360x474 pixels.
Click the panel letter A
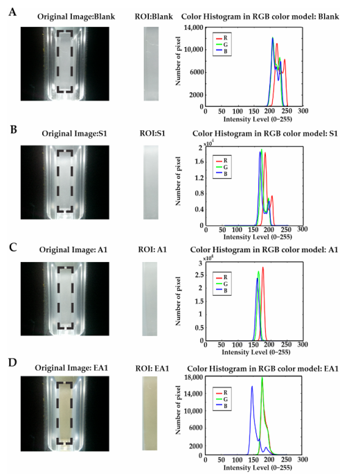12,12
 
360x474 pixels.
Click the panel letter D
12,362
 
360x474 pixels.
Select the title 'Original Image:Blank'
76,17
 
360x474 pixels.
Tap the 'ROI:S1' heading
152,133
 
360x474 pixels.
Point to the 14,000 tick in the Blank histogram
194,28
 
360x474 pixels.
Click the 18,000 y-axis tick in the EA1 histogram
194,377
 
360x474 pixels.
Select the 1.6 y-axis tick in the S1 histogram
198,161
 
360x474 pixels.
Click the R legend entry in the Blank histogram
222,38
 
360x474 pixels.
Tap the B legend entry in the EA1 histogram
222,406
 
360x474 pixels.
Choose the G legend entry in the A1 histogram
222,284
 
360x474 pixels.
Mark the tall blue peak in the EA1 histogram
252,386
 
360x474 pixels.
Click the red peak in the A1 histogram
263,267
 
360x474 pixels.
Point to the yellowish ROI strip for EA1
150,413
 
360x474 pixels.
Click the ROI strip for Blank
151,64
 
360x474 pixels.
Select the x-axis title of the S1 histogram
258,237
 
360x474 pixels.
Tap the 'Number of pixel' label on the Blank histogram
178,61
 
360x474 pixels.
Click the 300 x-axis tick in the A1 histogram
303,344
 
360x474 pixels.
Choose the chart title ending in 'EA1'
263,369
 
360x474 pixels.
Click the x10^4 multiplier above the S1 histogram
208,143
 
